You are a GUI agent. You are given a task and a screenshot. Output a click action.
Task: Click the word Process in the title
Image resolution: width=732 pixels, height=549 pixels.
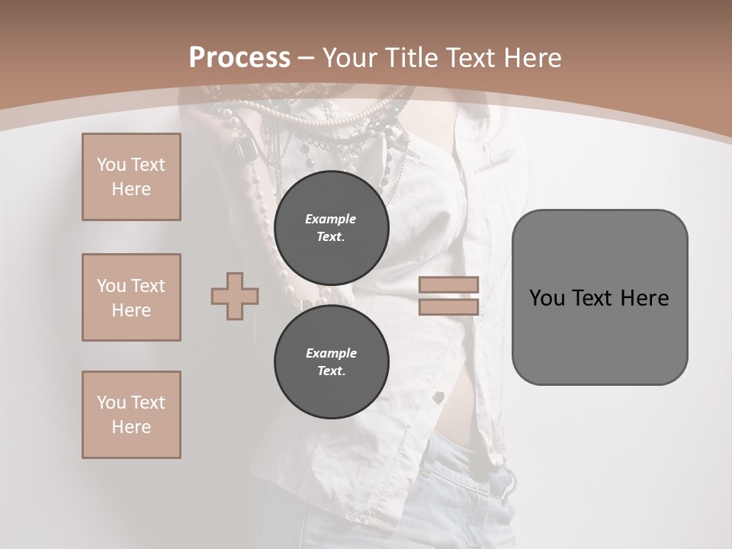point(239,58)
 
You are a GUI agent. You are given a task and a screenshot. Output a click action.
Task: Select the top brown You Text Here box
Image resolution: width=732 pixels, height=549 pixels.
point(131,177)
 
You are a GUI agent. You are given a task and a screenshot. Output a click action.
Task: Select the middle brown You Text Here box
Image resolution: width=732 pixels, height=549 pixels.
point(131,297)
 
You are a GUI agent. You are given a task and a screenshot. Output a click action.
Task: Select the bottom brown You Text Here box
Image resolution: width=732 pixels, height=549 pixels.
point(131,415)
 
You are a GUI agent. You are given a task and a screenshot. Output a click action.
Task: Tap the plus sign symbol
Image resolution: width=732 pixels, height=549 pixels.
point(235,296)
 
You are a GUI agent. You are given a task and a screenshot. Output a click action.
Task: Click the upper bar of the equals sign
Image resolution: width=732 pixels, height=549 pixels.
point(449,284)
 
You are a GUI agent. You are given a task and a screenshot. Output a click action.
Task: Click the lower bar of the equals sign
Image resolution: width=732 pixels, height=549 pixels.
point(449,307)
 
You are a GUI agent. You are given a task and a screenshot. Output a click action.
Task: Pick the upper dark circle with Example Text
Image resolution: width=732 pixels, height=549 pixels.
point(332,228)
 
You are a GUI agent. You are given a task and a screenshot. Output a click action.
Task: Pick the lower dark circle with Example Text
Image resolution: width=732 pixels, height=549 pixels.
point(332,362)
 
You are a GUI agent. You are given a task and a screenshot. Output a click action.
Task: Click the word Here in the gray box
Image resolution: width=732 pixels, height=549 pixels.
point(644,298)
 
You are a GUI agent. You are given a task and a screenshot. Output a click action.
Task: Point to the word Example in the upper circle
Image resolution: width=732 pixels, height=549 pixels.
point(330,219)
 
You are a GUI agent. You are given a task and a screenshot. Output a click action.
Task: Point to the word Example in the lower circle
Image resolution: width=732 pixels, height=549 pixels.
point(331,353)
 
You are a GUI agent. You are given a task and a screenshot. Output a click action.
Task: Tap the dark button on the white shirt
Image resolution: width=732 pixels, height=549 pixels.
point(439,396)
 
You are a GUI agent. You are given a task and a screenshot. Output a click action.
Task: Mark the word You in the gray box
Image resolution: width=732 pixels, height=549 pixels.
point(547,298)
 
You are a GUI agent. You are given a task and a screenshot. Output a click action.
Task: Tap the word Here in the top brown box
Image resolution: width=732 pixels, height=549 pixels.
point(131,189)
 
